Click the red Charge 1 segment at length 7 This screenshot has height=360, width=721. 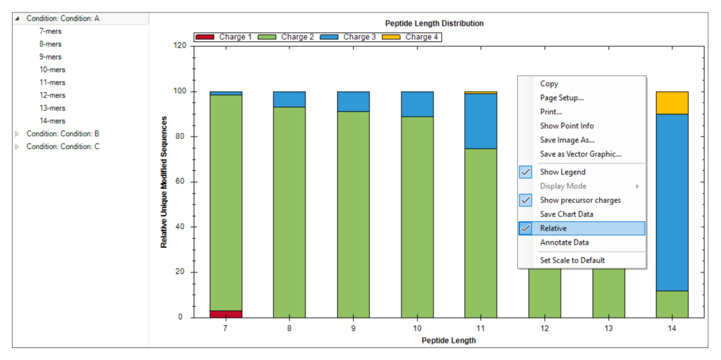[x=226, y=314]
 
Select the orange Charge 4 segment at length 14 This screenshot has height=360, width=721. [x=672, y=103]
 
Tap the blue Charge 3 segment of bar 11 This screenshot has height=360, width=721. [x=481, y=121]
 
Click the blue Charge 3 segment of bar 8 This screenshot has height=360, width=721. [x=289, y=99]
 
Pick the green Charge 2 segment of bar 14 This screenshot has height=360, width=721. [x=672, y=305]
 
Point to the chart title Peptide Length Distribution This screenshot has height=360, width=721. [x=434, y=23]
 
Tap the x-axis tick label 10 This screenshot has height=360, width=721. [x=417, y=329]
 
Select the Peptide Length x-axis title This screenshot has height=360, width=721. [x=448, y=340]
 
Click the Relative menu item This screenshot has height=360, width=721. [x=553, y=228]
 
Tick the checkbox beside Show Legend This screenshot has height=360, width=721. [x=525, y=172]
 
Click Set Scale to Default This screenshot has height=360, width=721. [x=572, y=261]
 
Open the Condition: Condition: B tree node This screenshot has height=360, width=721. [x=63, y=134]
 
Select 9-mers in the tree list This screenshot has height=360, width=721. [x=50, y=57]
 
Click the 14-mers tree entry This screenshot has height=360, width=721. [x=53, y=121]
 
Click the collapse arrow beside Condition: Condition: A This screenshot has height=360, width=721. [x=18, y=19]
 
